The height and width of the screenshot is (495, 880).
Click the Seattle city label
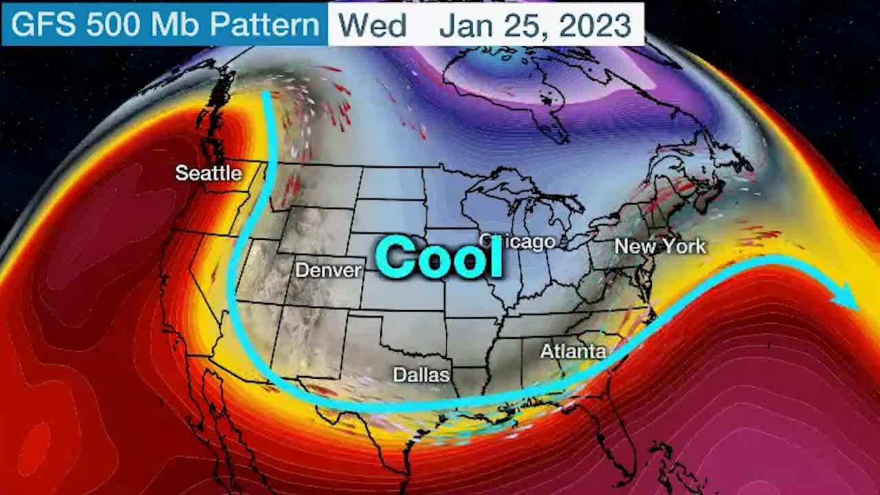point(208,173)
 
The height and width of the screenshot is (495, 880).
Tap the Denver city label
point(329,270)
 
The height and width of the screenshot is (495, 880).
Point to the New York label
point(660,245)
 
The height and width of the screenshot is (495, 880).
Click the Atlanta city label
point(573,351)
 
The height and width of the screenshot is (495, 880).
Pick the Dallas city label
point(421,375)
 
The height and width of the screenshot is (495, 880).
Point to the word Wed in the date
point(372,25)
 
